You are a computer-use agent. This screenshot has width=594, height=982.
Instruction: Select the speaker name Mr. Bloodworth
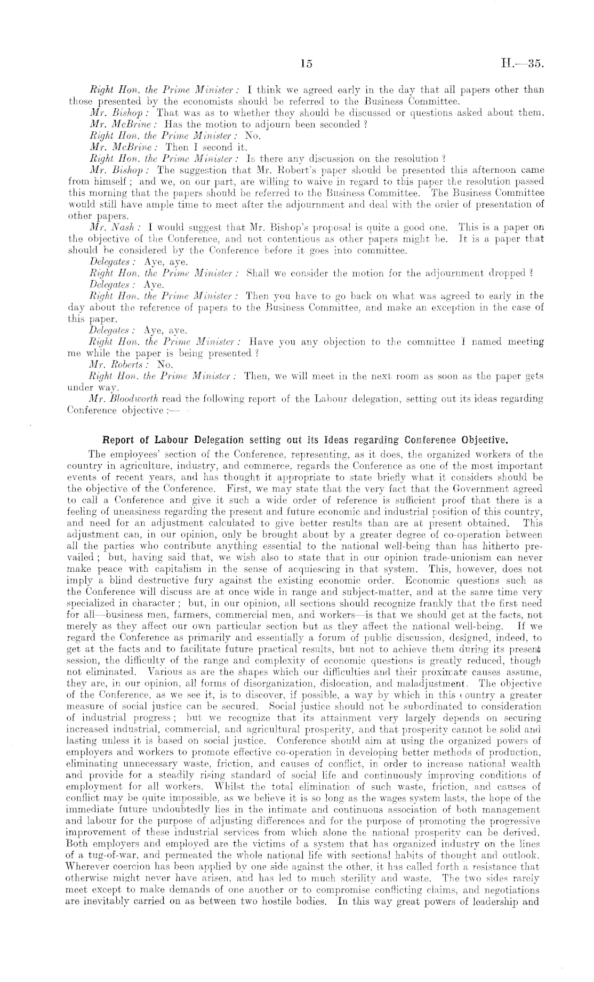tap(117, 398)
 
